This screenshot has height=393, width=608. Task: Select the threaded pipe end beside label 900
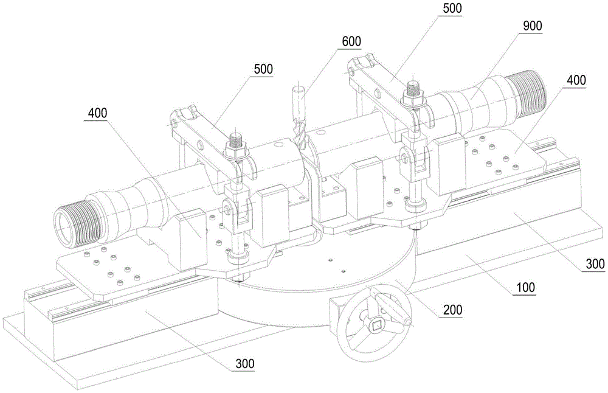click(528, 93)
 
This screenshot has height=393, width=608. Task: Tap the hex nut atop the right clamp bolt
click(413, 93)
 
